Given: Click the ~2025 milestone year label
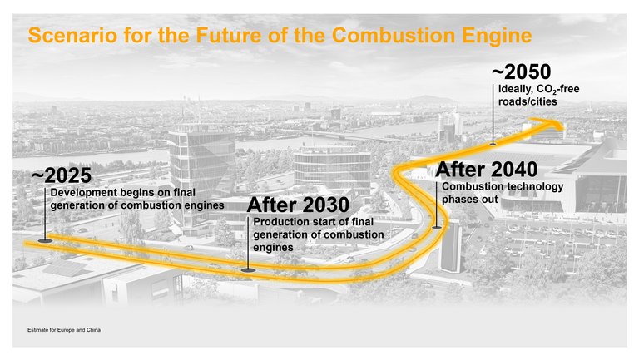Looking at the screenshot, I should [x=61, y=176].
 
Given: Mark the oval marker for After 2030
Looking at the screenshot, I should [x=248, y=269].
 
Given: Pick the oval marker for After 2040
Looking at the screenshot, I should [x=436, y=226].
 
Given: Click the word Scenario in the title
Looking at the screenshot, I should [x=65, y=36].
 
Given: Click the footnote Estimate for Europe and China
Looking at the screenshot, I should [x=64, y=333].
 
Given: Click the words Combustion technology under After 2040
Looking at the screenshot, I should [x=503, y=186].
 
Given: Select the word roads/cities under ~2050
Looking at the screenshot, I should [x=528, y=101].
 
